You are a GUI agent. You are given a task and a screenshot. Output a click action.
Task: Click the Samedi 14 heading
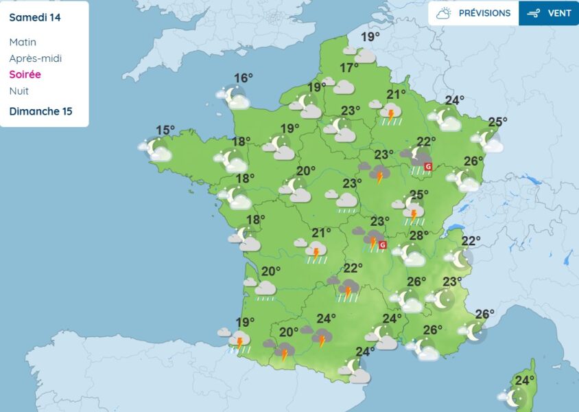click(35, 18)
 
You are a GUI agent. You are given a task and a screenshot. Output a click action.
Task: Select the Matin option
click(23, 42)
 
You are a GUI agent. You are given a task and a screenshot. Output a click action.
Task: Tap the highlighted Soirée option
click(25, 74)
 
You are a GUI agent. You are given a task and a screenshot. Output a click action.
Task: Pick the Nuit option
click(19, 91)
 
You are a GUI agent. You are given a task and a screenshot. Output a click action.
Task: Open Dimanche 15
click(40, 111)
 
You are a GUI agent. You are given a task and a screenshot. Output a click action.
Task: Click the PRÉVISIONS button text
click(484, 13)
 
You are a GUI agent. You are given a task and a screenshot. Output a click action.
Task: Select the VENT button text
click(560, 13)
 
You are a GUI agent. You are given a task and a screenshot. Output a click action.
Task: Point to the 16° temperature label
click(244, 78)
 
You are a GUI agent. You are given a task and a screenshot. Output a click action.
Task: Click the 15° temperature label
click(165, 130)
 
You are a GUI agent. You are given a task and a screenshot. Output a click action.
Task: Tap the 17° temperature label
click(349, 67)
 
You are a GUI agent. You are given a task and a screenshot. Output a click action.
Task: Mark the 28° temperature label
click(418, 236)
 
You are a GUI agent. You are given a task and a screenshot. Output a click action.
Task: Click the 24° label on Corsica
click(525, 380)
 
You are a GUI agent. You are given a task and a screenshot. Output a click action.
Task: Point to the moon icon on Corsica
click(512, 397)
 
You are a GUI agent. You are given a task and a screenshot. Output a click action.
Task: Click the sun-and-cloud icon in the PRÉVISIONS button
click(444, 13)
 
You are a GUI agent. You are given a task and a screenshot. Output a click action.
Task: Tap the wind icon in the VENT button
click(532, 13)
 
